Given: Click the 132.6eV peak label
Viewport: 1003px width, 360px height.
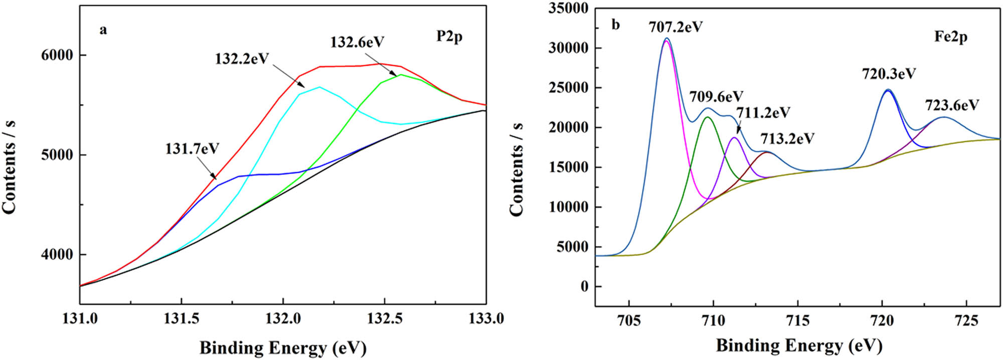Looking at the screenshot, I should pyautogui.click(x=357, y=42).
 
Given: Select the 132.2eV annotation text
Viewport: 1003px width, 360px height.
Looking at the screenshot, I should pyautogui.click(x=242, y=59).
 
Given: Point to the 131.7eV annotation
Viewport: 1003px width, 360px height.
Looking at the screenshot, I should pyautogui.click(x=192, y=149).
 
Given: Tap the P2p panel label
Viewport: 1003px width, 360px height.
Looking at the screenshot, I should pyautogui.click(x=449, y=36).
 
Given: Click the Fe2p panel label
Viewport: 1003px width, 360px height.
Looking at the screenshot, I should pyautogui.click(x=950, y=37).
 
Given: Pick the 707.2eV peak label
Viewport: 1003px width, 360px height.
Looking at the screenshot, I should pyautogui.click(x=676, y=27).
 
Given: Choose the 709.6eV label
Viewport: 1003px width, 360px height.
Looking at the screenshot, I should pyautogui.click(x=716, y=96).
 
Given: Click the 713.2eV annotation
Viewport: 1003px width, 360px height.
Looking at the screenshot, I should pyautogui.click(x=787, y=138).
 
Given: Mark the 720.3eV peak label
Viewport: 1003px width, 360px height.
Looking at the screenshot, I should pyautogui.click(x=889, y=74).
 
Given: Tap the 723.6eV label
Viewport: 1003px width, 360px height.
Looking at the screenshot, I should pyautogui.click(x=952, y=105).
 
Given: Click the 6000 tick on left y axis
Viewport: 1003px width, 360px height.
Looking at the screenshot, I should pyautogui.click(x=57, y=55).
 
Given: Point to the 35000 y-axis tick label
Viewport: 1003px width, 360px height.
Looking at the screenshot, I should pyautogui.click(x=568, y=9).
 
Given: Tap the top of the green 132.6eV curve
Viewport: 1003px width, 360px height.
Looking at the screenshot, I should pyautogui.click(x=401, y=75).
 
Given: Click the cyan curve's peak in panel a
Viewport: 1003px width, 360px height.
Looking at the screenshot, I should pyautogui.click(x=319, y=87).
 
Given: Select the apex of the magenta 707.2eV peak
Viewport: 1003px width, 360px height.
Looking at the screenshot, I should pyautogui.click(x=666, y=41).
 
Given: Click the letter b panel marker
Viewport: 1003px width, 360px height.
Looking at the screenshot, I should pyautogui.click(x=616, y=25).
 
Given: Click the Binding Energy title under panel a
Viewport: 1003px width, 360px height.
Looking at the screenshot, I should pyautogui.click(x=283, y=347).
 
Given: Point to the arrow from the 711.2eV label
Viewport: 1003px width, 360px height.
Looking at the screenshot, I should pyautogui.click(x=739, y=127).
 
